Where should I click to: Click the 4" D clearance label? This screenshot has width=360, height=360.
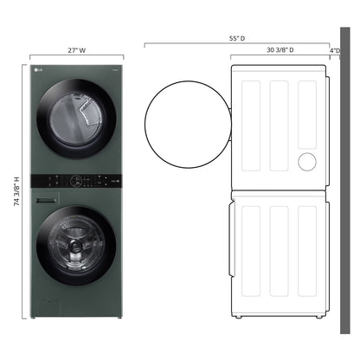336,51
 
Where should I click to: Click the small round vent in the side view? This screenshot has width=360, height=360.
306,162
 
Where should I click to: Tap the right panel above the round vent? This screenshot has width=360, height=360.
307,112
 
